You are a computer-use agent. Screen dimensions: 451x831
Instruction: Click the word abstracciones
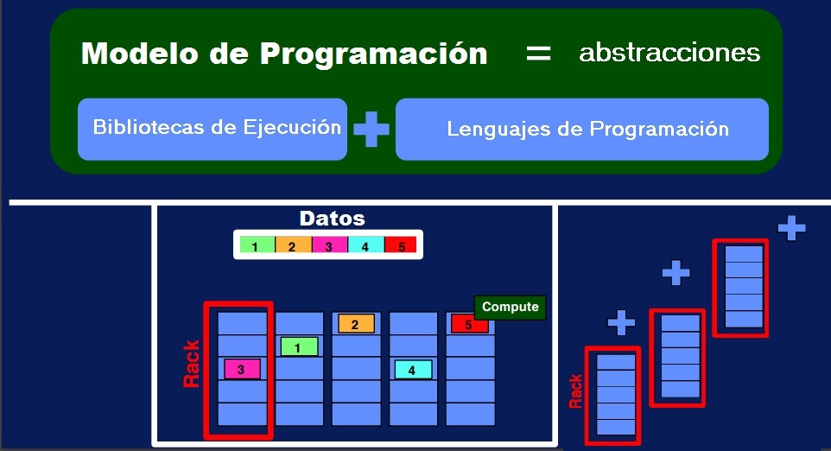(x=669, y=53)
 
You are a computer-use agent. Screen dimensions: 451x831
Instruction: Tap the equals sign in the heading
(x=538, y=53)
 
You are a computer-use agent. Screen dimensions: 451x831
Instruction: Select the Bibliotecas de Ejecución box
(x=213, y=129)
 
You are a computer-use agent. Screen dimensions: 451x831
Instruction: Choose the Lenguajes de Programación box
(x=582, y=130)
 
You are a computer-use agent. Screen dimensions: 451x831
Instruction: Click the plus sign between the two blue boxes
(x=371, y=130)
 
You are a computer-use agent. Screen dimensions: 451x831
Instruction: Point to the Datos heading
(x=332, y=219)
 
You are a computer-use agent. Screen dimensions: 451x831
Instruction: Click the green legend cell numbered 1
(x=257, y=245)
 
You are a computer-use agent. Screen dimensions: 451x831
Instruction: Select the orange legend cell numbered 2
(x=293, y=245)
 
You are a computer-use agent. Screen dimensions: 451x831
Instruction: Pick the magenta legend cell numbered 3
(x=329, y=245)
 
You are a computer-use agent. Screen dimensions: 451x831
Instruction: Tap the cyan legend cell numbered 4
(x=365, y=245)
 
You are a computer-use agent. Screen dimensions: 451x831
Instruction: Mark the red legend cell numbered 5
(x=401, y=245)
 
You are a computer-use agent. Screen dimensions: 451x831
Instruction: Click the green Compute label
(x=510, y=307)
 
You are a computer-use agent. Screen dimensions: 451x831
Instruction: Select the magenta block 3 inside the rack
(x=242, y=369)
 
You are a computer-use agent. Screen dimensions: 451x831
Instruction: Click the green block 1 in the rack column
(x=299, y=346)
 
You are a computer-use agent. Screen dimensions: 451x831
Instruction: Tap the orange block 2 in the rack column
(x=356, y=324)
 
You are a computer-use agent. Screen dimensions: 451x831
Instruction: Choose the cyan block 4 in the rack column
(x=413, y=369)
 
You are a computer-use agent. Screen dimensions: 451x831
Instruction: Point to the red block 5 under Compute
(x=469, y=325)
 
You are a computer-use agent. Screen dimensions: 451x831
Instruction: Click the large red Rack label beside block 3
(x=192, y=363)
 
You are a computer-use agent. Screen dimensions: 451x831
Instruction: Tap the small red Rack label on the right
(x=575, y=391)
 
